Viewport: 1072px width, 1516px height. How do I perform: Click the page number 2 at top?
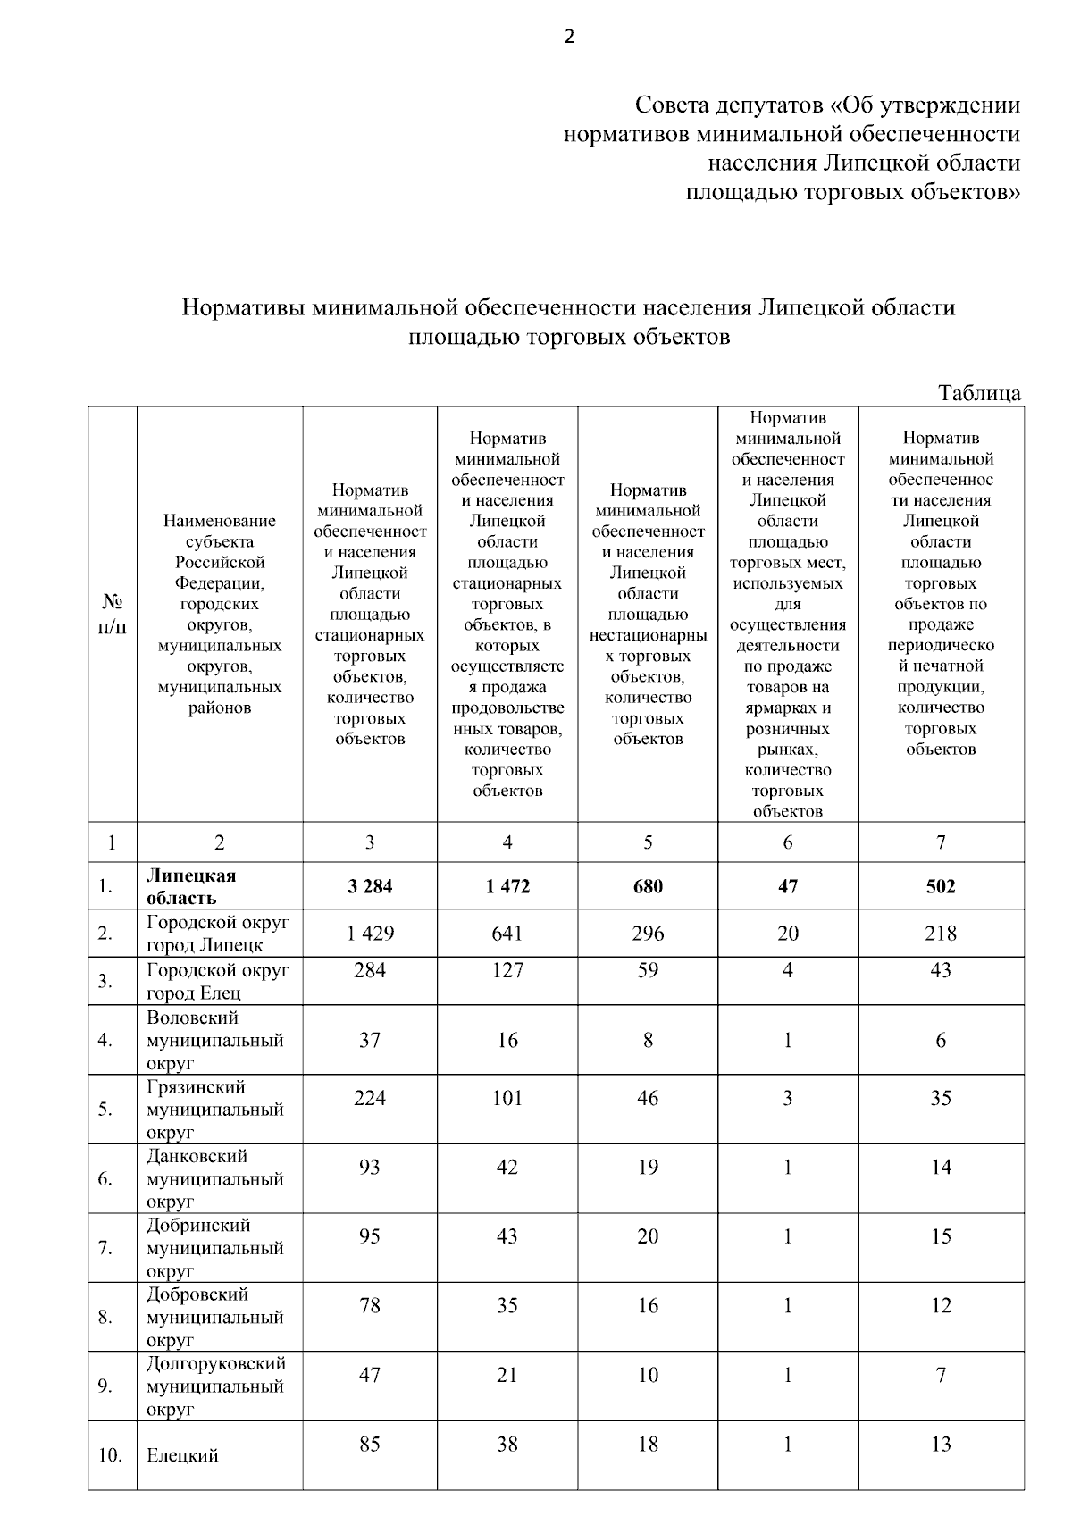point(570,38)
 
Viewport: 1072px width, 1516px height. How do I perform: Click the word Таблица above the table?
point(979,393)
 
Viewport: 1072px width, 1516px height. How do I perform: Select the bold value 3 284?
point(370,886)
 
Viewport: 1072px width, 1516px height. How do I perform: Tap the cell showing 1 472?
point(507,886)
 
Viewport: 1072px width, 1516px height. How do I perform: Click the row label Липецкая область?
point(191,886)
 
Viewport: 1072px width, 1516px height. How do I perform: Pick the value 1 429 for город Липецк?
point(370,934)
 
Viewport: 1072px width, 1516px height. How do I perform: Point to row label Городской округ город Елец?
point(218,981)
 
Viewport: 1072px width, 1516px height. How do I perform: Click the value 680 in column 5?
point(648,886)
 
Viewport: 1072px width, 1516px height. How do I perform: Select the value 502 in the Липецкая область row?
point(941,886)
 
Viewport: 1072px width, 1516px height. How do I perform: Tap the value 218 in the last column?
point(941,934)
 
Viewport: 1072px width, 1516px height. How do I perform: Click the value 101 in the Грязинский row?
point(507,1098)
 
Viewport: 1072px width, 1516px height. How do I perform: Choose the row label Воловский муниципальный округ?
point(214,1040)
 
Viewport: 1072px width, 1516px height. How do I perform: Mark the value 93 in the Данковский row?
point(370,1167)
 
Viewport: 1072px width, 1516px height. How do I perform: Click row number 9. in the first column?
point(105,1386)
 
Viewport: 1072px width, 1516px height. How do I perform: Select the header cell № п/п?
point(113,615)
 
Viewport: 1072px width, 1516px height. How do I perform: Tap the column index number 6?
point(788,842)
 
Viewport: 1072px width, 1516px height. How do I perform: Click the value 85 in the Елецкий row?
point(370,1444)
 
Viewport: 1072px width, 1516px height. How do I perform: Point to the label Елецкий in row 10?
point(182,1455)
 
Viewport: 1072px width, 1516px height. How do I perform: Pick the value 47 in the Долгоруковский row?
point(370,1375)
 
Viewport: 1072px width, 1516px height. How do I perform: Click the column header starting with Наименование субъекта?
point(220,615)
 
